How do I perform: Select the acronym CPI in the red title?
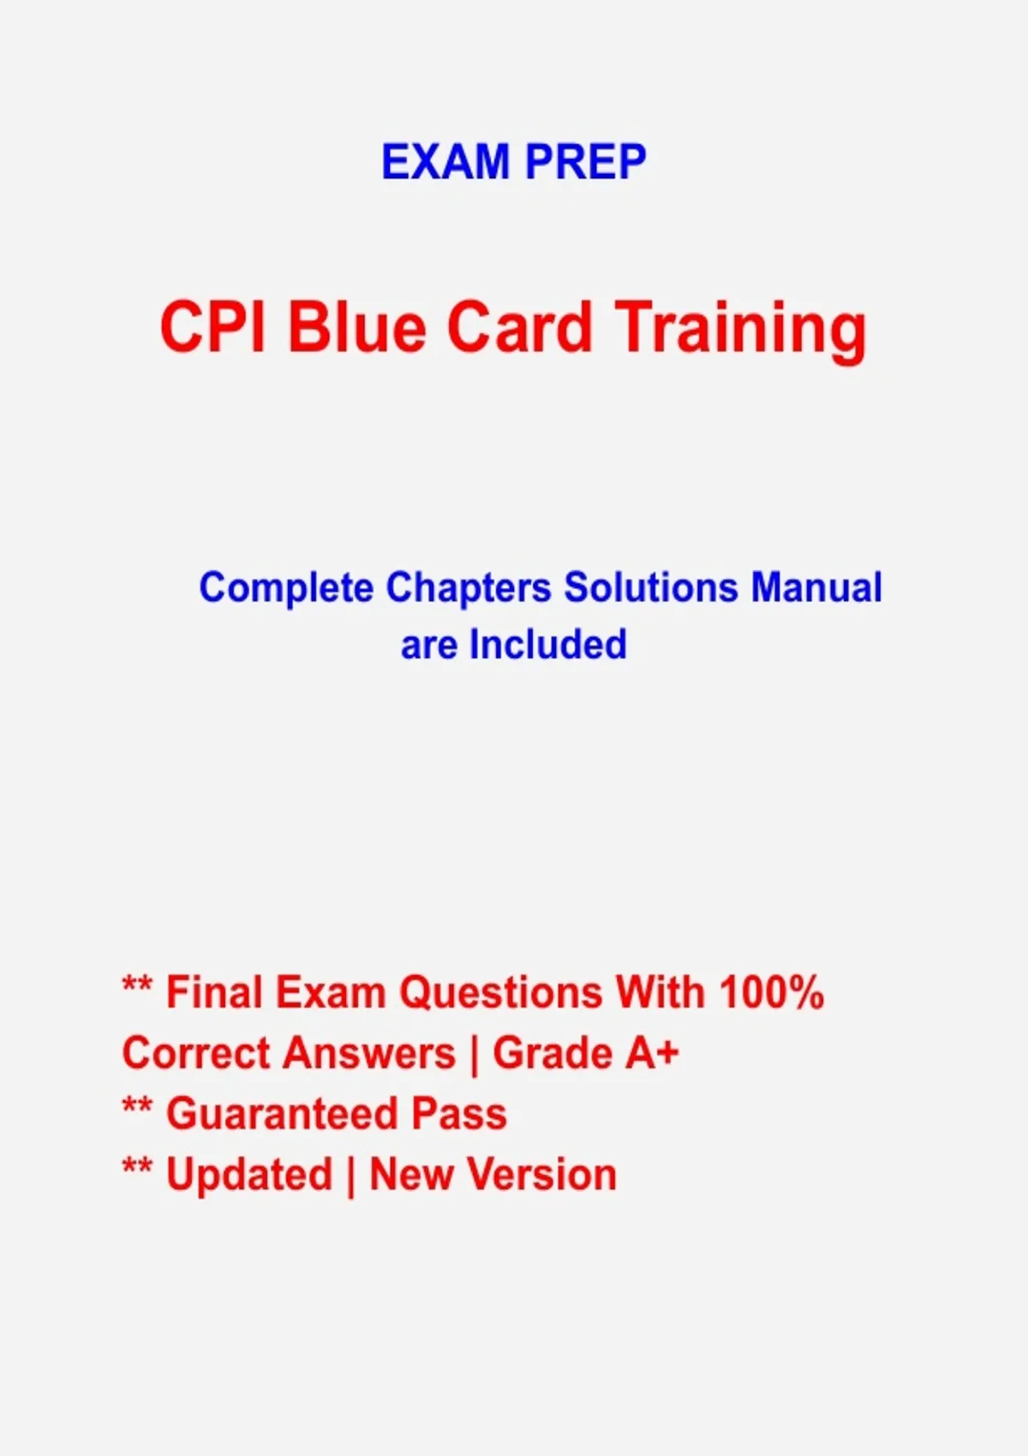(x=212, y=326)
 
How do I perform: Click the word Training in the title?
(x=741, y=331)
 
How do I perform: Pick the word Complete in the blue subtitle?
(x=286, y=588)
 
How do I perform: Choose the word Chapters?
(x=468, y=588)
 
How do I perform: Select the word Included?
(x=547, y=644)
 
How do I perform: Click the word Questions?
(x=500, y=994)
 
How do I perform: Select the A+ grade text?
(x=652, y=1053)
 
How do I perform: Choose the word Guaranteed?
(x=281, y=1114)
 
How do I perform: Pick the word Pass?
(x=459, y=1114)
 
